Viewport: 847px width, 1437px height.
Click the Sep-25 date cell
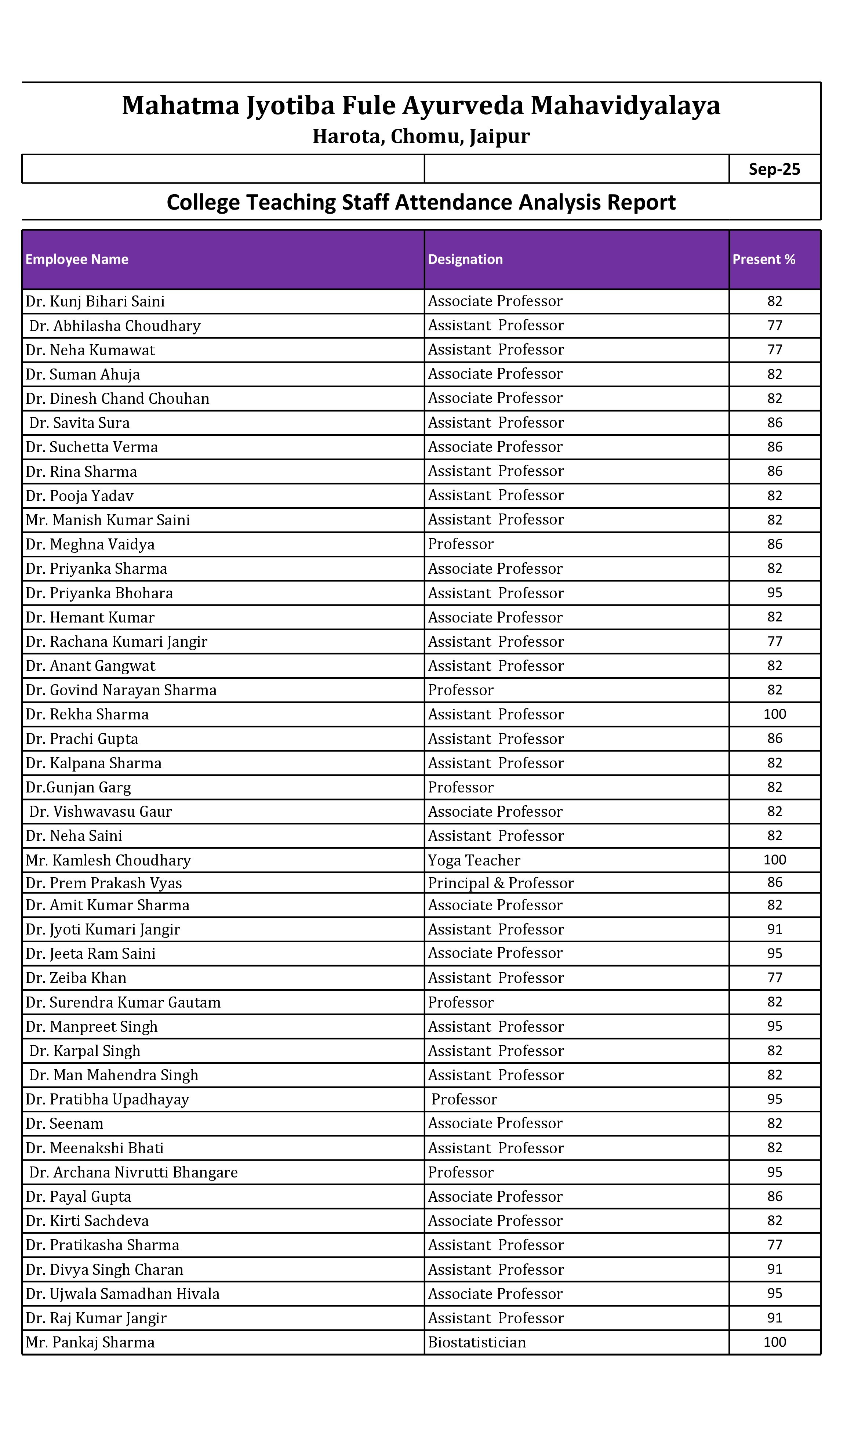pos(774,170)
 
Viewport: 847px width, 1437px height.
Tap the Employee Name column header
pos(77,260)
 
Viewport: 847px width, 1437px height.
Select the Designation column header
pos(465,260)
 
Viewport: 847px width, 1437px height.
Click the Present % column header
pos(764,260)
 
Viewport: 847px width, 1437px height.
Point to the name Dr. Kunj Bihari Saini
pos(95,301)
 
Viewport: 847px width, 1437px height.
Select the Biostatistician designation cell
pos(477,1342)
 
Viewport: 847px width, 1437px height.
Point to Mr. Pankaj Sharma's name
pos(90,1342)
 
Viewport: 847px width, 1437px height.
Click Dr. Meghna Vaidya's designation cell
pos(461,544)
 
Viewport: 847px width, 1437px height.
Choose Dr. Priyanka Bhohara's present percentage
pos(774,592)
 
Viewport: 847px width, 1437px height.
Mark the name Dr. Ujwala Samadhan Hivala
pos(123,1294)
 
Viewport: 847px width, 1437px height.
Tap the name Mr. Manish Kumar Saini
pos(108,520)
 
